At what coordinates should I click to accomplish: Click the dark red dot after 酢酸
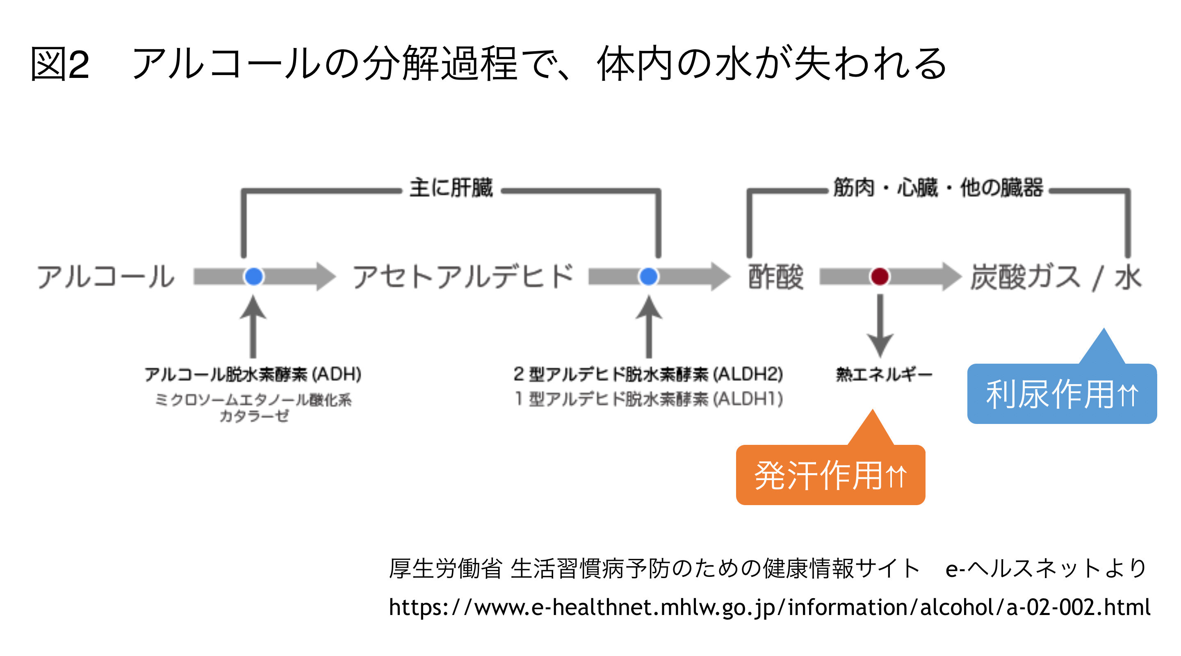[879, 276]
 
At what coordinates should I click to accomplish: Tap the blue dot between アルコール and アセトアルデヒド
[253, 276]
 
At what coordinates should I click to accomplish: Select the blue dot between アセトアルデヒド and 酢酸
[648, 276]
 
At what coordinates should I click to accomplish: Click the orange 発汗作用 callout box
[830, 474]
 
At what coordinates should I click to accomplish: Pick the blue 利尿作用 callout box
[1062, 393]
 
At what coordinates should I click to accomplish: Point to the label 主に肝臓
[451, 188]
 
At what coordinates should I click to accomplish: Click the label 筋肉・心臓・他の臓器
[938, 188]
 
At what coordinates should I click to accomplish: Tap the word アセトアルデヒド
[463, 276]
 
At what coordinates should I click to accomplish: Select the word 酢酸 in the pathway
[776, 277]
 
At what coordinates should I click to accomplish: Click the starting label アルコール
[105, 277]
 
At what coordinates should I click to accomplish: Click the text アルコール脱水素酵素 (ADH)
[253, 374]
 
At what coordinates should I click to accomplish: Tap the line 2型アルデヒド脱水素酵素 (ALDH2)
[648, 374]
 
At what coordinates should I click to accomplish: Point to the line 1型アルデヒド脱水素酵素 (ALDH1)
[648, 399]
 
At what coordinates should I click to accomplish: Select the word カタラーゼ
[254, 416]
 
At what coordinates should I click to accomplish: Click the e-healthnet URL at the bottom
[769, 607]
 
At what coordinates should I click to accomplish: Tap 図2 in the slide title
[60, 64]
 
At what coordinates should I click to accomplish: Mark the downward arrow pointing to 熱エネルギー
[880, 326]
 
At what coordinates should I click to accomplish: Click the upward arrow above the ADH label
[253, 326]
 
